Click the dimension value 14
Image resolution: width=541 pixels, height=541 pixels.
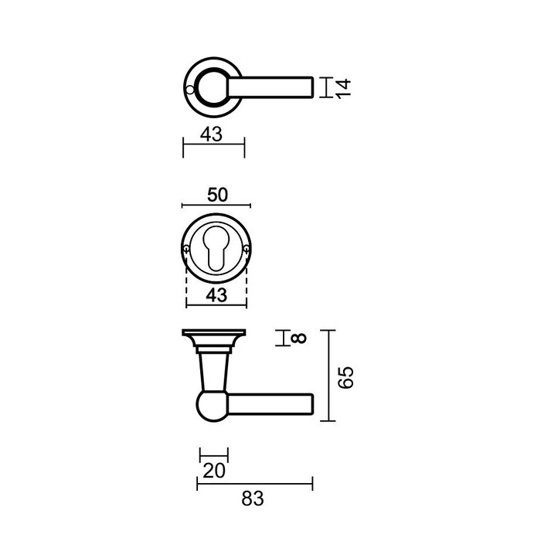tap(345, 87)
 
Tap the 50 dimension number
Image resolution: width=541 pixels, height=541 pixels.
tap(217, 194)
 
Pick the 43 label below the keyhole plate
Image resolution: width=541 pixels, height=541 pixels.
tap(216, 294)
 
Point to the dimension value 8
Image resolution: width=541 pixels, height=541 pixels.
tap(299, 338)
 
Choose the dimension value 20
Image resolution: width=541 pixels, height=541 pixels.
tap(213, 468)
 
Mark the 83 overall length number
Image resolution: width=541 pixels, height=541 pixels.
tap(253, 499)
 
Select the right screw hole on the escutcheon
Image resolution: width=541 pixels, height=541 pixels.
tap(245, 249)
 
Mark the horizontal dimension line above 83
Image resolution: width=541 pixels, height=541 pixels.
tap(255, 485)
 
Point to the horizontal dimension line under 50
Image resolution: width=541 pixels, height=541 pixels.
tap(216, 206)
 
